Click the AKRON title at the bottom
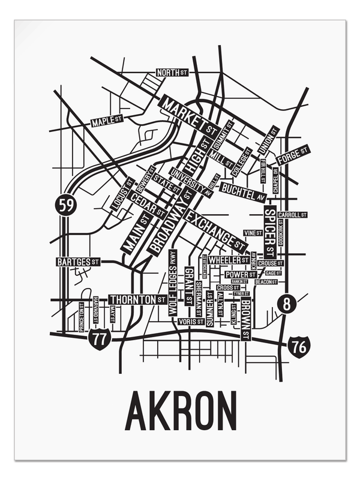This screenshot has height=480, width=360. click(181, 411)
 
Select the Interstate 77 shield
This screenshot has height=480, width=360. click(100, 339)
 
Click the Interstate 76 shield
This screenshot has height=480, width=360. click(298, 346)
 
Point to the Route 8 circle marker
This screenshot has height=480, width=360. click(287, 304)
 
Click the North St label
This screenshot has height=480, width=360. click(172, 73)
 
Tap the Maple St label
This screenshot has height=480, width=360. click(107, 122)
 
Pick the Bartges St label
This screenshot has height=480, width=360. click(78, 262)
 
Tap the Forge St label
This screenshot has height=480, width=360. click(293, 156)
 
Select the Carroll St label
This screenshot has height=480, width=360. click(292, 214)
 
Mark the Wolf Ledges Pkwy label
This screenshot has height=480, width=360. click(173, 283)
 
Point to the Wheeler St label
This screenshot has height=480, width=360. click(229, 260)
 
